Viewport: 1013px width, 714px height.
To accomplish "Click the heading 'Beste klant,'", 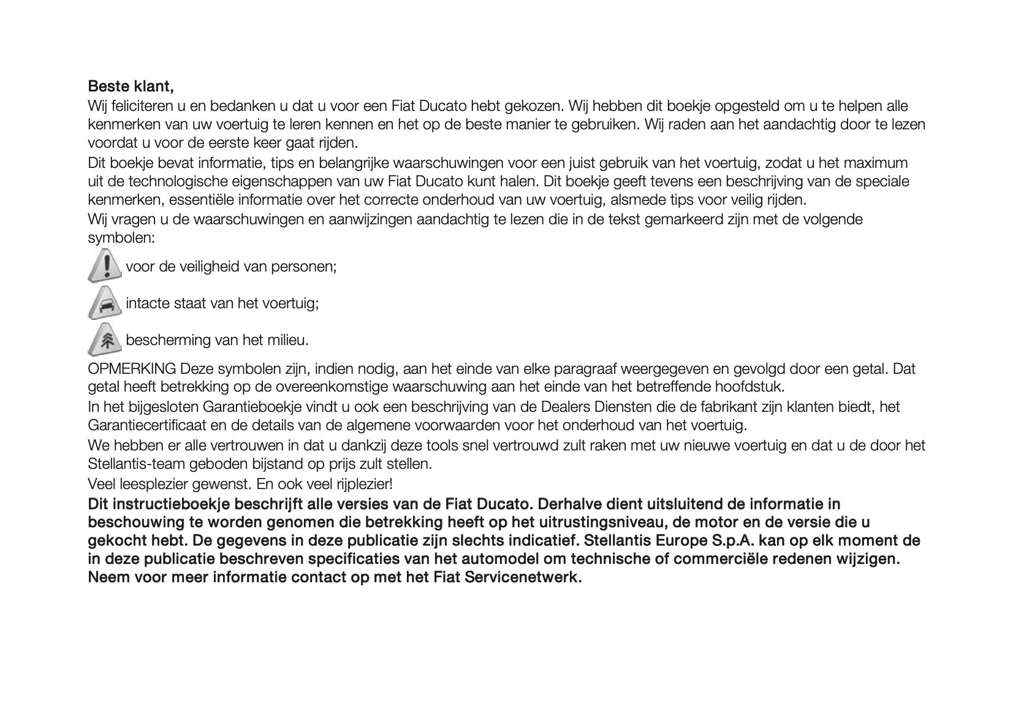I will [x=131, y=85].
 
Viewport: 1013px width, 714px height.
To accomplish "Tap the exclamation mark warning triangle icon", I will [x=105, y=265].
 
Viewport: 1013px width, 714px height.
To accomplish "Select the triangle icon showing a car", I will [x=105, y=303].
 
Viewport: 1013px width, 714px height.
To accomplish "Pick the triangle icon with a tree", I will [x=105, y=340].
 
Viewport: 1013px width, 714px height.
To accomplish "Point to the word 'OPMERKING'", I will [x=132, y=369].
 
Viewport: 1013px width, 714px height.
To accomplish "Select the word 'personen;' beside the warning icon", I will [x=307, y=267].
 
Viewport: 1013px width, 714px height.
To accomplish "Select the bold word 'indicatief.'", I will [x=542, y=541].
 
